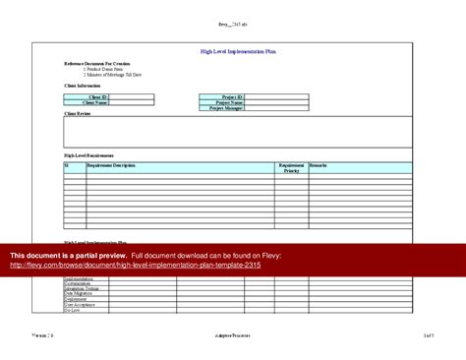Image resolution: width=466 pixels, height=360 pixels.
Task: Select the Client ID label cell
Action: pos(99,97)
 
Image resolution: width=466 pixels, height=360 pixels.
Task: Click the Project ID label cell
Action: pos(231,97)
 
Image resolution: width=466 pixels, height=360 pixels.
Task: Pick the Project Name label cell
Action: pos(229,102)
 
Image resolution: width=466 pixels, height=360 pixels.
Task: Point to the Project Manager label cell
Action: pos(227,108)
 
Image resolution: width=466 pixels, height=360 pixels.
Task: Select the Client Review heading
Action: pos(78,115)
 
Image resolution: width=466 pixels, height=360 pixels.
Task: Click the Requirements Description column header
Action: pos(111,165)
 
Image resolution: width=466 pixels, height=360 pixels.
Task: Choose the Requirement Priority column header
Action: pos(291,168)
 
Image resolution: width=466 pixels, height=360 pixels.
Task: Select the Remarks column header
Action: pos(319,165)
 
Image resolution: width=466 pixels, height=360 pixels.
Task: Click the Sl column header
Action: pos(67,165)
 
